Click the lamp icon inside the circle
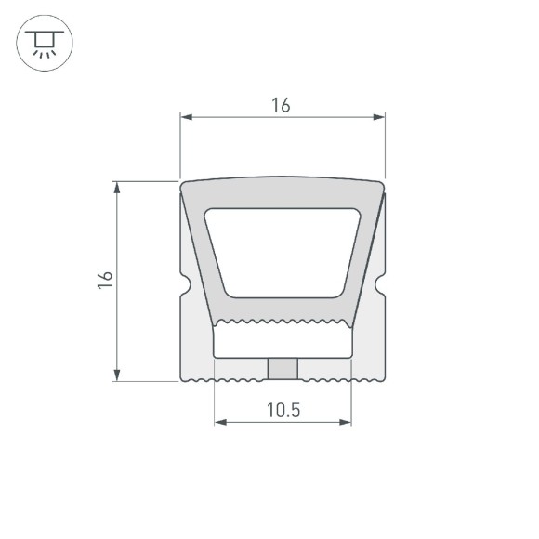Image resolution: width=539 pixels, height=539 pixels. [43, 43]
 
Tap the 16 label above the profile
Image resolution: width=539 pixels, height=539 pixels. [282, 106]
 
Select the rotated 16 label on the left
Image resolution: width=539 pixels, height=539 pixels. [105, 282]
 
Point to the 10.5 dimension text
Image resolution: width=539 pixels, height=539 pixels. [283, 410]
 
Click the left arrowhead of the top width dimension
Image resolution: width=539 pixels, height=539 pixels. [185, 118]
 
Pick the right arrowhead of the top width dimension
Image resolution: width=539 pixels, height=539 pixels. [379, 118]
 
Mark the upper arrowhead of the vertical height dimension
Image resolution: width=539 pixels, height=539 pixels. [117, 187]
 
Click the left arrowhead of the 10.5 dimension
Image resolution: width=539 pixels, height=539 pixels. [220, 422]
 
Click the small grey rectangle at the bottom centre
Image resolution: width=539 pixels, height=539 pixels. [283, 369]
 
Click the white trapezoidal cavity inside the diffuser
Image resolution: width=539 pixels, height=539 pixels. [283, 253]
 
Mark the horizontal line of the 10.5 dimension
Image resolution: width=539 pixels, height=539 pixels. [283, 422]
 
